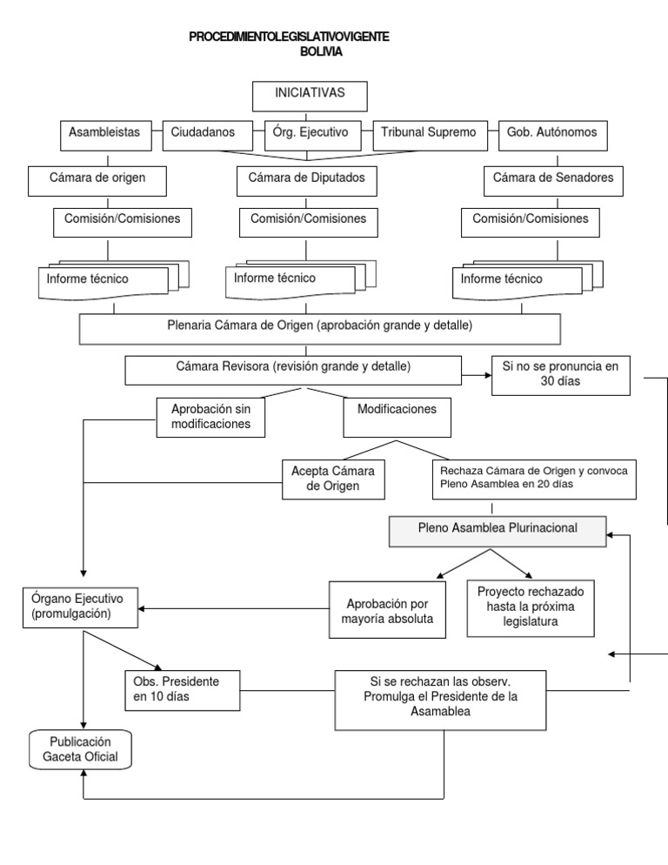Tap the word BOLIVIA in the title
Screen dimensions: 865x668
(x=319, y=52)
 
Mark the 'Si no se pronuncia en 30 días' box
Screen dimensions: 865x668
(x=560, y=375)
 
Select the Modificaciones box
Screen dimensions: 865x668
(x=397, y=418)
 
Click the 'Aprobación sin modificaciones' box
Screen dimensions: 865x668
(x=211, y=417)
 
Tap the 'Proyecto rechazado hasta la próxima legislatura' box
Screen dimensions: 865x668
(x=531, y=607)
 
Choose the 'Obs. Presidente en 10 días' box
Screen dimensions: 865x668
(x=182, y=689)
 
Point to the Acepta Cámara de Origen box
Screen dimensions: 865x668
(x=333, y=479)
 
